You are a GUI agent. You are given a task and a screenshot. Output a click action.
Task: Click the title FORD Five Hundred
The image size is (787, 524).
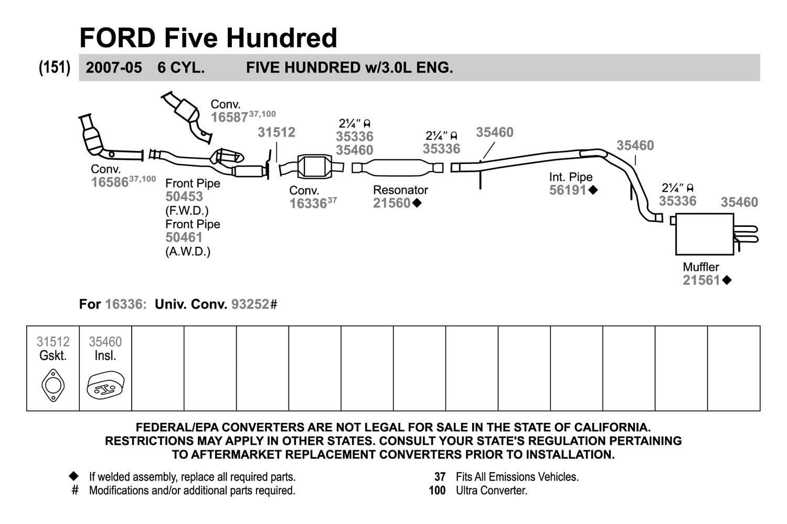(208, 38)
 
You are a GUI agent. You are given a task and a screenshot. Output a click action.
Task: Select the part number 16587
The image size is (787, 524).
(229, 117)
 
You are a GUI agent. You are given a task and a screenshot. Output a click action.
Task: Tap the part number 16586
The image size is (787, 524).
(110, 182)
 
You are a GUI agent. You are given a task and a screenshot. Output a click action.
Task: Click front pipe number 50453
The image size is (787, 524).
(184, 196)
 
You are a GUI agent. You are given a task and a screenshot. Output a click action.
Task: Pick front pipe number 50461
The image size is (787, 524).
(184, 237)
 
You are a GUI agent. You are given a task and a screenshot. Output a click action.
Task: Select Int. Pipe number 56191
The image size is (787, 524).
(568, 190)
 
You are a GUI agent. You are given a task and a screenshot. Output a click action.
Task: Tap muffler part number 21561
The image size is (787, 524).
(701, 280)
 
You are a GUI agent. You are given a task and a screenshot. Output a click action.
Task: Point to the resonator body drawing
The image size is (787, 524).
(397, 168)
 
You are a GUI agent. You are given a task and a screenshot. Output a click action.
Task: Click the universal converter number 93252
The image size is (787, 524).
(250, 304)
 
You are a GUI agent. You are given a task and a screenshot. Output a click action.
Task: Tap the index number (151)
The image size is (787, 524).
(55, 68)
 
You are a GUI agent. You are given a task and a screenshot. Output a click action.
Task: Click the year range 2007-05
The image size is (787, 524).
(114, 68)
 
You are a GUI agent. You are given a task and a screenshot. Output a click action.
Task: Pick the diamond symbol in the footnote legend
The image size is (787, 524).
(74, 476)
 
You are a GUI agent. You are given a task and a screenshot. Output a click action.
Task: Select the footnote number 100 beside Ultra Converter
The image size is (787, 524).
(437, 490)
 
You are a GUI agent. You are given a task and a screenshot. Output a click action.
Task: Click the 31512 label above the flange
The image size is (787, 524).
(276, 133)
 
